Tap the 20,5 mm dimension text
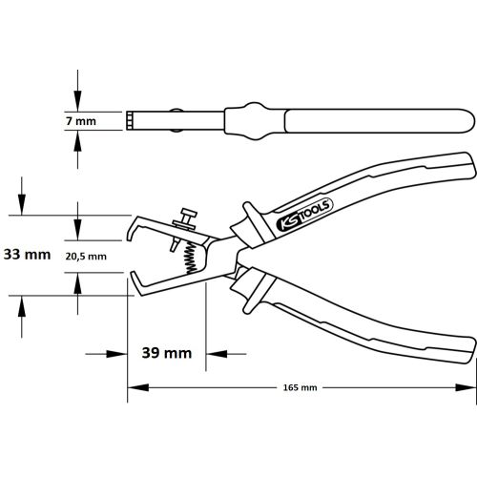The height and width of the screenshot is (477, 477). click(86, 256)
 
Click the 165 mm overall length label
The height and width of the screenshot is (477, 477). click(301, 389)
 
